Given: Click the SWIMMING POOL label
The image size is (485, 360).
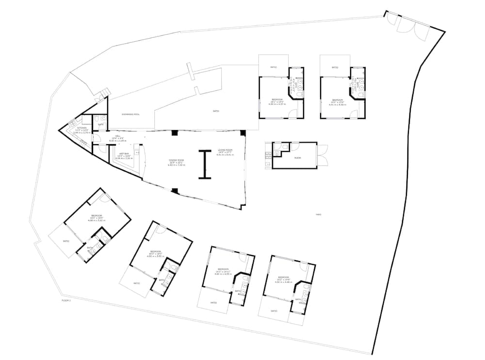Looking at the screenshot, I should (x=130, y=115).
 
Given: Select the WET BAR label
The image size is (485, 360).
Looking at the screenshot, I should (x=123, y=154).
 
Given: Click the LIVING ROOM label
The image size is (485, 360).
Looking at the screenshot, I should (x=225, y=150).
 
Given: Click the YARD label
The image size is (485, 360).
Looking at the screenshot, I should (x=319, y=214).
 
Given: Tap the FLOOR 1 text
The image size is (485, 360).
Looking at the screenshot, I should (x=66, y=301).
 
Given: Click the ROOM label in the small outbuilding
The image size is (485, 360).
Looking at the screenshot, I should (x=297, y=158).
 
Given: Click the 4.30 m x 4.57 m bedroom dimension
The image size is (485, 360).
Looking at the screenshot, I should (x=277, y=104).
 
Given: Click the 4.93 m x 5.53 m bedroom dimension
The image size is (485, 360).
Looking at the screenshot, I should (x=156, y=256).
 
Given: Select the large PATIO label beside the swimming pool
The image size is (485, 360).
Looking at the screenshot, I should (x=216, y=111).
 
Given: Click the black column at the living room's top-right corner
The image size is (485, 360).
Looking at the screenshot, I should (x=243, y=133).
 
